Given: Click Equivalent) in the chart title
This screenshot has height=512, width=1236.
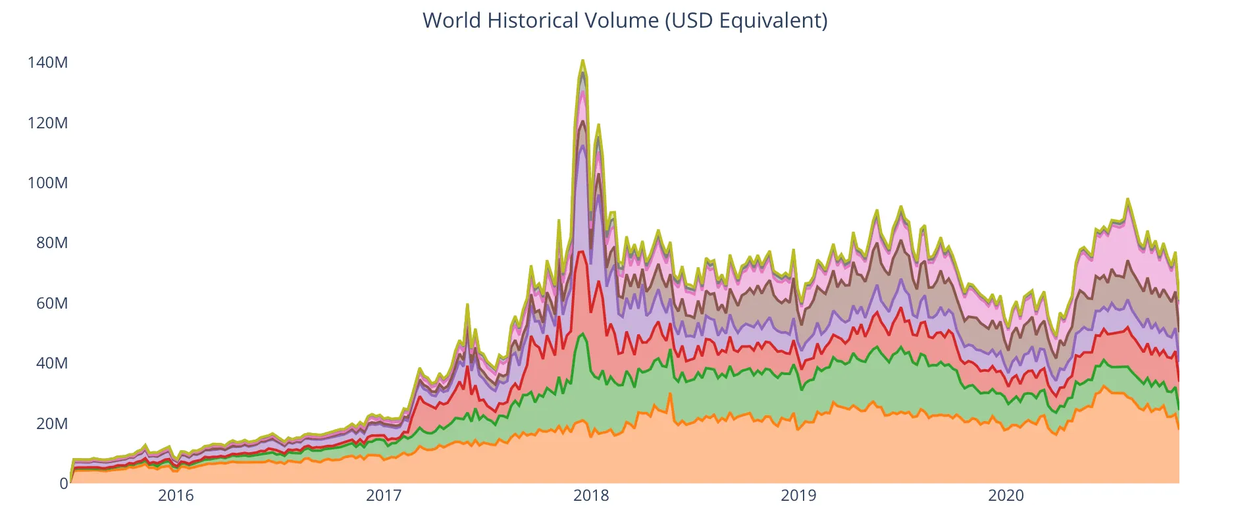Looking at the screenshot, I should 773,20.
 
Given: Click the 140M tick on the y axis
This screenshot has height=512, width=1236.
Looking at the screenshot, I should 47,63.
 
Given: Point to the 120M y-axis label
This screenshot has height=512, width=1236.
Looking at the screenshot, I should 47,123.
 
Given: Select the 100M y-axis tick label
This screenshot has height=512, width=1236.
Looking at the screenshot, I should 47,183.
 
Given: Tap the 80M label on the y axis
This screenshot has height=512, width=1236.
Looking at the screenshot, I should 51,243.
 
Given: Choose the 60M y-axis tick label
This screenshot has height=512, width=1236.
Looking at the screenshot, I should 51,303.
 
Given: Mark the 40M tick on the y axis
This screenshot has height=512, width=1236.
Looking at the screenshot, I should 51,363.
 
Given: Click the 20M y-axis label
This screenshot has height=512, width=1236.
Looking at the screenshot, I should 51,424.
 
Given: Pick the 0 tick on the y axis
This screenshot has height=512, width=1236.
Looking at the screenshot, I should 63,484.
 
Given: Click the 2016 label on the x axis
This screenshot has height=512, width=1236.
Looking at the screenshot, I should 176,496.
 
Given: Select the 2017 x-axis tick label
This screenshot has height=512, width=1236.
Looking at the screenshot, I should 384,496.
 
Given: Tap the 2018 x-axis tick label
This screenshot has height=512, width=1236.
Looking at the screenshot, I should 591,496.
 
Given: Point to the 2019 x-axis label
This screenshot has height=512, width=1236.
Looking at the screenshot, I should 798,496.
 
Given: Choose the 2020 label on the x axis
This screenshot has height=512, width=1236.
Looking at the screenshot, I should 1006,496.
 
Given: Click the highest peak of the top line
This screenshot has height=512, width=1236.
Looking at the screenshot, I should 582,61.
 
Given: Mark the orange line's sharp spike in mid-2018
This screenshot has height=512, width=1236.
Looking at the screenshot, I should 669,394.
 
